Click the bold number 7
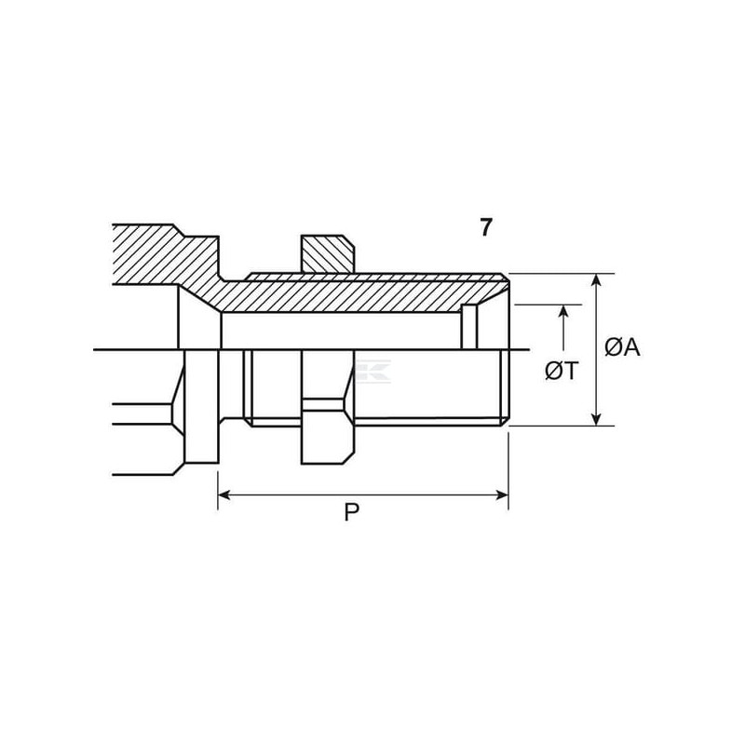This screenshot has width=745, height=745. tap(485, 227)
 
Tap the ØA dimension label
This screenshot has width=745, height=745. tap(622, 347)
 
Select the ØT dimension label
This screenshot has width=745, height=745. tap(562, 371)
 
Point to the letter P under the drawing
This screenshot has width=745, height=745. tap(352, 512)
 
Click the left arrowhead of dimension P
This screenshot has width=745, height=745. tap(224, 495)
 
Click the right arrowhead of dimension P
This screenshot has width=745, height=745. tap(502, 495)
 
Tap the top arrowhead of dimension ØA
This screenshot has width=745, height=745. tap(597, 280)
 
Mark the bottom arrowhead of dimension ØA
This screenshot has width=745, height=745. tap(597, 420)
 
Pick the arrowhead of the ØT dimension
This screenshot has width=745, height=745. tap(563, 311)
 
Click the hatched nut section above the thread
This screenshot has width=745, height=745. tap(328, 254)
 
